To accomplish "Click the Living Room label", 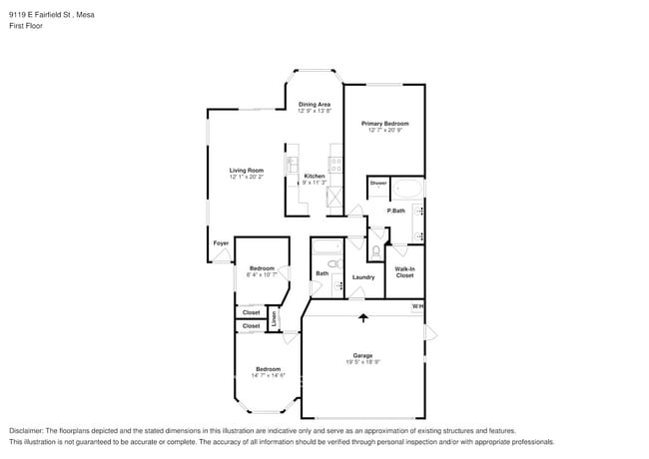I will [247, 171].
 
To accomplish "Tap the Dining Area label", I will [315, 104].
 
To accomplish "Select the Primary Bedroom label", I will [385, 124].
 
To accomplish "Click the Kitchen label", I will [315, 177].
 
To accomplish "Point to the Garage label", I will [362, 355].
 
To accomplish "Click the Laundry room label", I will [363, 277].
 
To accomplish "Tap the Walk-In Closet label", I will [404, 271].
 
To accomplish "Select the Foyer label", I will [221, 242].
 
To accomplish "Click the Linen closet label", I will [276, 320].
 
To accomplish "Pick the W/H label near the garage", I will [418, 306].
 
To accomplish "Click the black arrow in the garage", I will [363, 318].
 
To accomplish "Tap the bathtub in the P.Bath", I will [407, 189].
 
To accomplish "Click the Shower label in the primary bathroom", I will [378, 184].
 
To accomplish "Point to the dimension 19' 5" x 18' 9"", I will [362, 362].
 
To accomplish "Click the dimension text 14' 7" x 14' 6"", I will [267, 376].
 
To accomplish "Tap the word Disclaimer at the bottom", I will [27, 430].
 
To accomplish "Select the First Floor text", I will [26, 27].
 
